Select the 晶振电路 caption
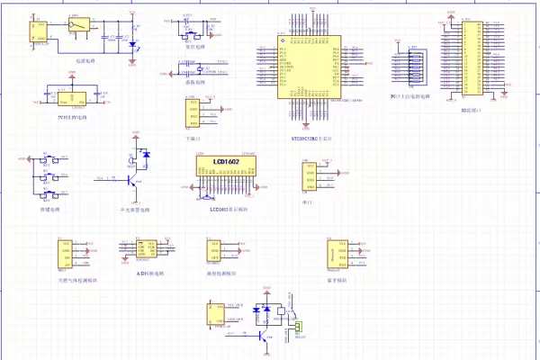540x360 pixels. pos(194,82)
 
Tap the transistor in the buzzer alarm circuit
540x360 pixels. pos(132,181)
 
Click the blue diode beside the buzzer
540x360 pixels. pos(148,154)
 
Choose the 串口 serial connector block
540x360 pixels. pos(309,176)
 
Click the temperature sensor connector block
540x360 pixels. pos(216,255)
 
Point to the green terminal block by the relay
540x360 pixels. pos(301,327)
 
